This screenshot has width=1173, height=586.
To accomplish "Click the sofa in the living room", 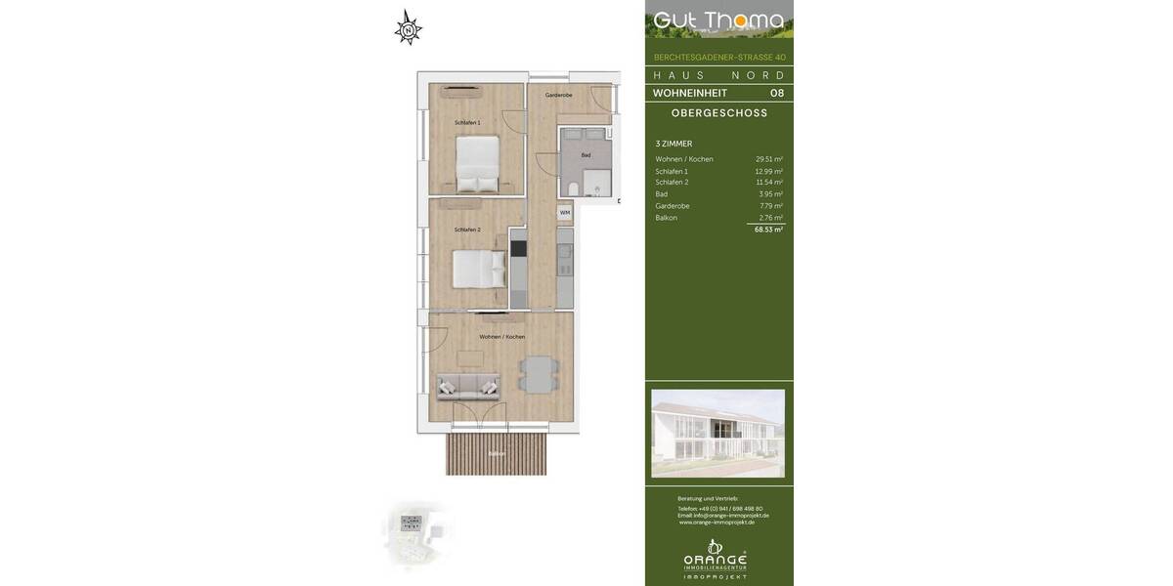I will coord(467,387).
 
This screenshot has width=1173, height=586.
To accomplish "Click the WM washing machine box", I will coord(564,212).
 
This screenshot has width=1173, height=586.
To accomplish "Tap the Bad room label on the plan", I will coord(586,155).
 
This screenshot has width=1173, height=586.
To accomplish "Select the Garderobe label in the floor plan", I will coord(558,95).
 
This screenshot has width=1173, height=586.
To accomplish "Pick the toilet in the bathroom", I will coord(573,187).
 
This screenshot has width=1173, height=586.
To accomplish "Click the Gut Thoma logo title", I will coord(718,21).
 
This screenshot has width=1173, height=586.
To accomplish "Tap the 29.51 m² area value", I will coord(768,159).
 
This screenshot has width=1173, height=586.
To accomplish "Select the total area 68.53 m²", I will coord(768,230).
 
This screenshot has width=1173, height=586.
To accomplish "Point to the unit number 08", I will coord(776,93).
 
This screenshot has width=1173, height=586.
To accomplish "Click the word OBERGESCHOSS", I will coord(718,113).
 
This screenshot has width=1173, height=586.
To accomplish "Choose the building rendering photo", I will coord(717,433).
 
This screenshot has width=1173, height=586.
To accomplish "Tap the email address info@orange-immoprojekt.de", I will coord(724,515).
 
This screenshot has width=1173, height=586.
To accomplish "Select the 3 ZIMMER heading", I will coord(673,144).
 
